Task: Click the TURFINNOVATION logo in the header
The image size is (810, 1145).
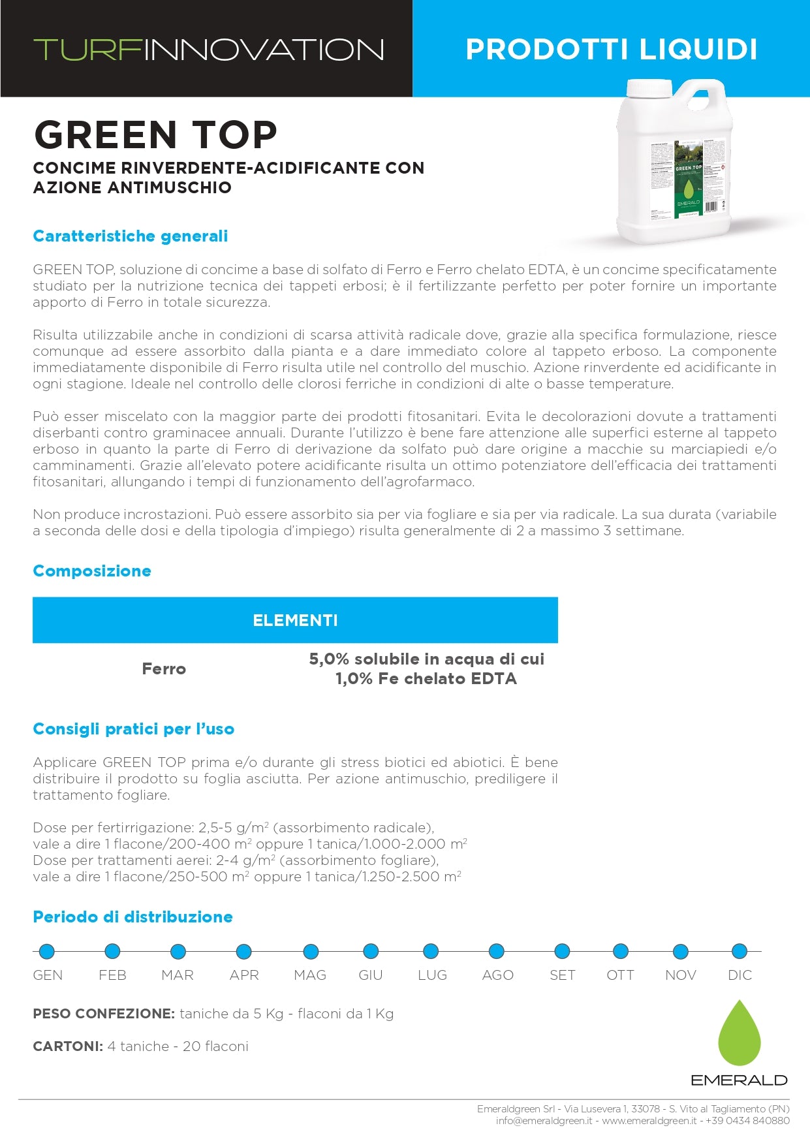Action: (208, 50)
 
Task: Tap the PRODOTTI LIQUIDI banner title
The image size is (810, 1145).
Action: (611, 50)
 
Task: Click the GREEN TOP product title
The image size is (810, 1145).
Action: (155, 134)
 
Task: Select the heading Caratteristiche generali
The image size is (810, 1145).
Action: (131, 236)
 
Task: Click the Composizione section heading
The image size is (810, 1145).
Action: (92, 571)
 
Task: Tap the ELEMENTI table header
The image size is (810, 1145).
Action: (295, 620)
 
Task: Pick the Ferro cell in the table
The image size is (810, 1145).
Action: (164, 669)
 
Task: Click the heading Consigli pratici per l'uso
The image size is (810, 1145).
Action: (133, 729)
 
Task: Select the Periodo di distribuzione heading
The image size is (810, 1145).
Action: (132, 917)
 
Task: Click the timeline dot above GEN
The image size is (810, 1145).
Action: (46, 951)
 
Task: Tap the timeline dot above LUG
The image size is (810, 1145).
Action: (431, 951)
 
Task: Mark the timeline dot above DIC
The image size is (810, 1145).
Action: (739, 951)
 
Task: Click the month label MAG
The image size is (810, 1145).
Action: (310, 975)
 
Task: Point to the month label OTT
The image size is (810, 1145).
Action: (620, 975)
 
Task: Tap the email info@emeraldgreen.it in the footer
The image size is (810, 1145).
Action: (544, 1121)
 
